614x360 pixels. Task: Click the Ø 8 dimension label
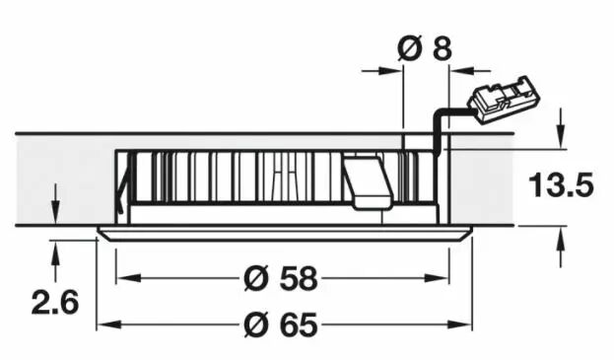click(x=425, y=49)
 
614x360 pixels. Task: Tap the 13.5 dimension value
click(x=561, y=184)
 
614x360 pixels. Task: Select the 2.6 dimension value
click(x=55, y=303)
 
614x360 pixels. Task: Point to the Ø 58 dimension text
click(x=280, y=278)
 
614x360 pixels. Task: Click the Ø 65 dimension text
click(x=280, y=324)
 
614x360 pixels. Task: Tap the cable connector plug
click(x=503, y=100)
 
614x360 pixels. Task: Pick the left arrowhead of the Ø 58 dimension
click(x=128, y=278)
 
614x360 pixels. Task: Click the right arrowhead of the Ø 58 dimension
click(x=437, y=278)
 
